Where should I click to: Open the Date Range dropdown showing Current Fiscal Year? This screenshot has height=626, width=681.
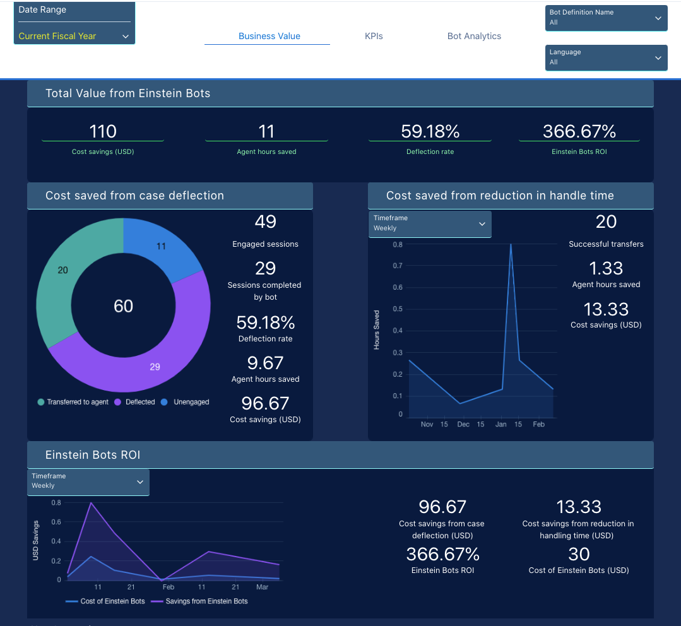[74, 36]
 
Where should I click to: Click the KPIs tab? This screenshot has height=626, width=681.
[374, 36]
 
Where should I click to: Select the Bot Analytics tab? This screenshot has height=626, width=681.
[474, 36]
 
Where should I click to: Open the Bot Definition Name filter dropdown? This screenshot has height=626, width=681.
[606, 18]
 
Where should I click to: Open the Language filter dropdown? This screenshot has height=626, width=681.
[606, 57]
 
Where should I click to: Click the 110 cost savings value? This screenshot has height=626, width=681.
[103, 131]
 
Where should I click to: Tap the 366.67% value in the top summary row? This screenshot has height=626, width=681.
[579, 131]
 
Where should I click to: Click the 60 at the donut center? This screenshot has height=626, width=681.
[123, 307]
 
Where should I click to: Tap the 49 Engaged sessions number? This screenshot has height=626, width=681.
[265, 221]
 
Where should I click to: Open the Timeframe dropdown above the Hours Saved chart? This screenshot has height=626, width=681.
[429, 223]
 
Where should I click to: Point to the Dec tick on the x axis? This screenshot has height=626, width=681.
[463, 425]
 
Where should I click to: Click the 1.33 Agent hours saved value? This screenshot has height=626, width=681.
[606, 268]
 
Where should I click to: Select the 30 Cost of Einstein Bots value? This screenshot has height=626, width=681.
[579, 554]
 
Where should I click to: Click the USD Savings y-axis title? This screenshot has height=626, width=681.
[36, 541]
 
